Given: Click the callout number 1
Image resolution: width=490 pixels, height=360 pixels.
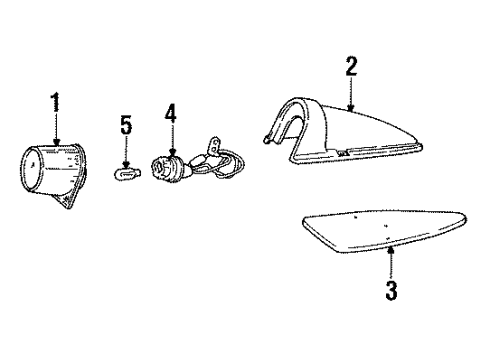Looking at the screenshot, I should tap(56, 105).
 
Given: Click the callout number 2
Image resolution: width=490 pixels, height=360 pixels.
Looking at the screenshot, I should tap(351, 67).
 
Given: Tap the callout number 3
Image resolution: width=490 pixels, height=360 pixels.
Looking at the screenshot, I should tap(391, 292).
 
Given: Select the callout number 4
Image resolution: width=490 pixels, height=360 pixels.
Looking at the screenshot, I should tap(171, 115).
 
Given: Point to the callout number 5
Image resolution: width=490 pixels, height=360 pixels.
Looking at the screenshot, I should tap(125, 125).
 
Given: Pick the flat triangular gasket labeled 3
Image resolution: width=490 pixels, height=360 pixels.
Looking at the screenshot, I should tap(385, 238).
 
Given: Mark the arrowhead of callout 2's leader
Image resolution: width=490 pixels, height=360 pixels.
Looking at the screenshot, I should tap(351, 107).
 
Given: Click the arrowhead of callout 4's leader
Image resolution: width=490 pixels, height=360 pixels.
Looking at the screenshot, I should tap(171, 152).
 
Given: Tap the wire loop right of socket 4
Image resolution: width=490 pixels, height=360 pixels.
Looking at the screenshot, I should tap(236, 166).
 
